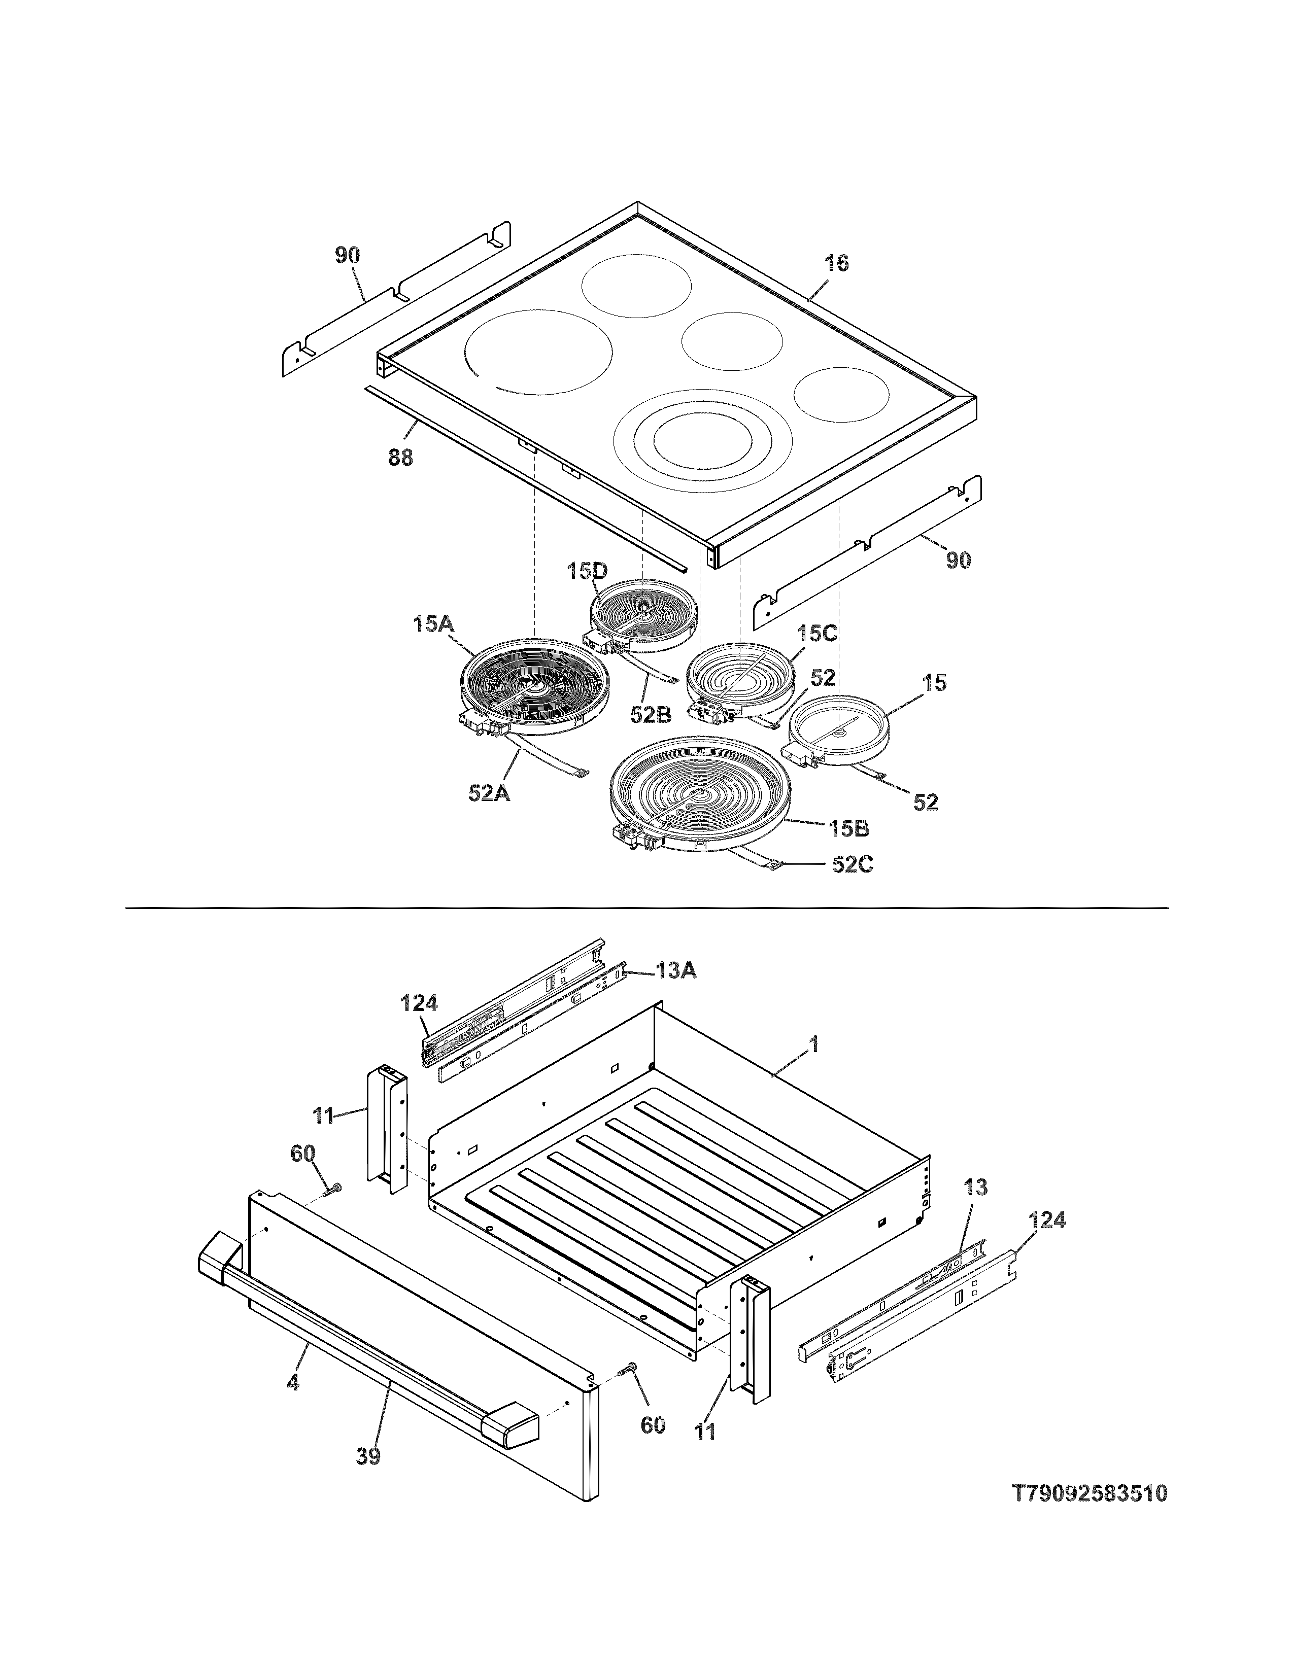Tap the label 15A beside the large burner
[433, 624]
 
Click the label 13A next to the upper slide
[675, 971]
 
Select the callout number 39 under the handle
[368, 1455]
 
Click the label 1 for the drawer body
[814, 1044]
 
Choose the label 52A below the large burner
[489, 794]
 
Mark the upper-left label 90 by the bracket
[347, 255]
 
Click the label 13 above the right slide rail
[975, 1188]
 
